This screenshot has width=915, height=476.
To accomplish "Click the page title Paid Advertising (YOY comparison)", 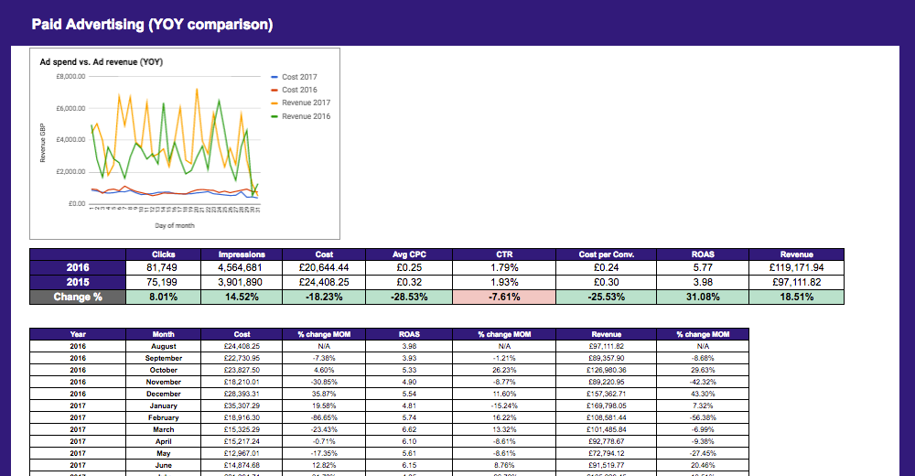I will click(152, 25).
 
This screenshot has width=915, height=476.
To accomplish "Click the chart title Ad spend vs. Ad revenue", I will click(100, 62).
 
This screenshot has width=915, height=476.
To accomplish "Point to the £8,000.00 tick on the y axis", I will click(70, 77).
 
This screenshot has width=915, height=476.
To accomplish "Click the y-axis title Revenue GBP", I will click(42, 142).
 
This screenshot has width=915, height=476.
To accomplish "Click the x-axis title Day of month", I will click(174, 225).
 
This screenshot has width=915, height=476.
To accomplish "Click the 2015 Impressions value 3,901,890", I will click(242, 283).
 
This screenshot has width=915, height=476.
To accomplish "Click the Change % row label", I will click(78, 297).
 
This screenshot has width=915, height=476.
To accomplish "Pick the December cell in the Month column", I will click(164, 394).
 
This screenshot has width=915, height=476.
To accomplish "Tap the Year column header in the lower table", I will click(78, 334).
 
